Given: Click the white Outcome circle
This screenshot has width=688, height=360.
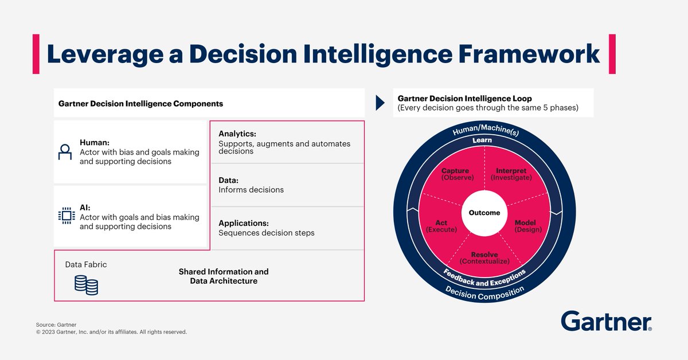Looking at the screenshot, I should point(484,213).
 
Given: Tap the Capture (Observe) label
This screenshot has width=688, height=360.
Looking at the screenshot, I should point(455,174).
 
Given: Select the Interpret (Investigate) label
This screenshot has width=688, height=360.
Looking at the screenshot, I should point(511,174).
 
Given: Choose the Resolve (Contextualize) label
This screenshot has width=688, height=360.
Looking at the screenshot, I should point(484,258).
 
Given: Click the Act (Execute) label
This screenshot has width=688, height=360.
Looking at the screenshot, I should point(441,226).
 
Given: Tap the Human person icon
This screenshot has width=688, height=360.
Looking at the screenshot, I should point(65,152).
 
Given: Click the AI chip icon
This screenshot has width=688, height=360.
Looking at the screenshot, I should point(67,216).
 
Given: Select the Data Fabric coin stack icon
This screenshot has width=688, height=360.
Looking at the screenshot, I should point(86,285).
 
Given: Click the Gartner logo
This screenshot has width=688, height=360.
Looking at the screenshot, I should point(607,322).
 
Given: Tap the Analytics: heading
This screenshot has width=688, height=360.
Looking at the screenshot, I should point(237,134).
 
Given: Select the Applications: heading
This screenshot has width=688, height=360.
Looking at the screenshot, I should point(244,223).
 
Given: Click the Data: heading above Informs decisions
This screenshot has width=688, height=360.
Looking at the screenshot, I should point(229,179).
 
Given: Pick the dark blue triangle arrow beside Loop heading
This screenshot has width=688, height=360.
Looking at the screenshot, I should point(380,103).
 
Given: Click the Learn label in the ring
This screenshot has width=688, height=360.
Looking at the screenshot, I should point(482,140).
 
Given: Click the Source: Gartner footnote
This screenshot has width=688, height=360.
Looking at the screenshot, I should point(56,324).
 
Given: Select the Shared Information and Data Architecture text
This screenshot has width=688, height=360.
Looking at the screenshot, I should point(224,276).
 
